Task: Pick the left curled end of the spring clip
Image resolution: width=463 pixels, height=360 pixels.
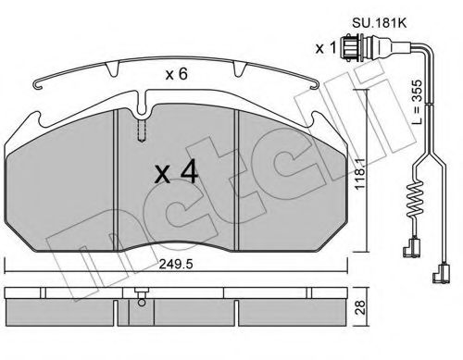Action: point(40,86)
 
